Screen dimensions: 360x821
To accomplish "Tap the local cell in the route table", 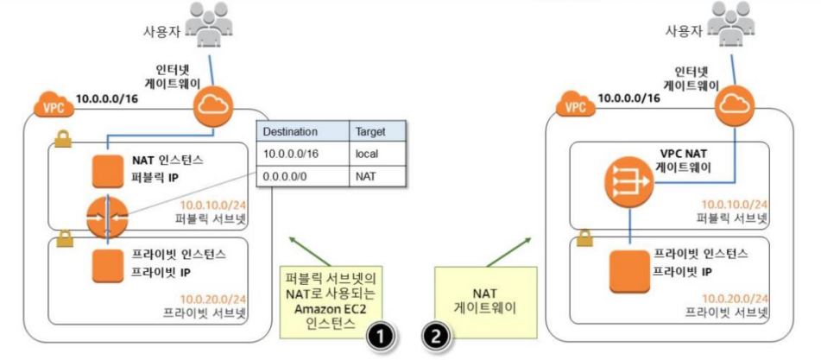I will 367,154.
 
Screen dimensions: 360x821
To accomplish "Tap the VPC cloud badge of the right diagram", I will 572,108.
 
